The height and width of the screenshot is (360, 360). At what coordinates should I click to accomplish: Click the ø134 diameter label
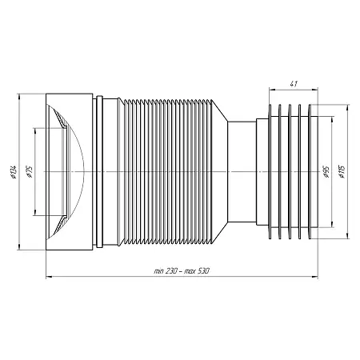click(x=14, y=172)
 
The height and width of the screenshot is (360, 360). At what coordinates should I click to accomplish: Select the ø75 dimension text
click(x=29, y=172)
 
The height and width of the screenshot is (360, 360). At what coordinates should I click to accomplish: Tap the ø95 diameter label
click(x=326, y=172)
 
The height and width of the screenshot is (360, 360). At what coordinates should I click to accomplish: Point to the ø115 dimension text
click(x=342, y=172)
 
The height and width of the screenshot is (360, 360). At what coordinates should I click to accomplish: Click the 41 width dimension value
click(x=294, y=84)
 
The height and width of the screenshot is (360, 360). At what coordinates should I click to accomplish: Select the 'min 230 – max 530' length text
click(x=182, y=271)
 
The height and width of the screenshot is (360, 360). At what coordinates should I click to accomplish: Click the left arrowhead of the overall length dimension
click(x=49, y=277)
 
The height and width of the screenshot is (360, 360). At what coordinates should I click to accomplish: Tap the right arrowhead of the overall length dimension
click(x=315, y=277)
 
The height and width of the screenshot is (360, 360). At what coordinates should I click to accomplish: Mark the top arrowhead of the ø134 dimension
click(x=18, y=97)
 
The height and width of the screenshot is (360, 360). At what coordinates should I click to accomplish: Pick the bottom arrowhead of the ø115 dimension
click(x=347, y=236)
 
